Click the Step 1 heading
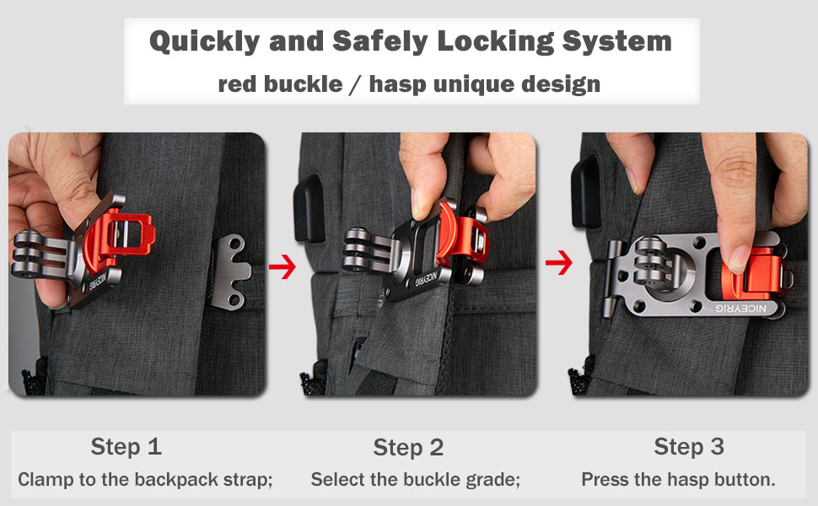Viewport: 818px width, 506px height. [x=126, y=446]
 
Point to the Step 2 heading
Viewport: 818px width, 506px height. [x=408, y=447]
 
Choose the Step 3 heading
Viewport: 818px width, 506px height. [x=689, y=446]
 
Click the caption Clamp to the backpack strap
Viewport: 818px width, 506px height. [x=145, y=480]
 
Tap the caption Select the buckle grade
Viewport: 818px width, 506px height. [x=415, y=480]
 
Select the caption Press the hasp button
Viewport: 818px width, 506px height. [x=678, y=480]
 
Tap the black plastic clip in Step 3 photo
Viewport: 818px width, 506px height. [x=584, y=189]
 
